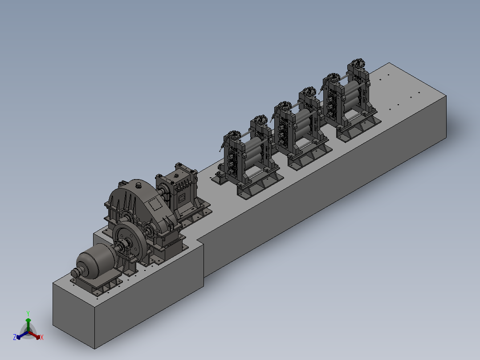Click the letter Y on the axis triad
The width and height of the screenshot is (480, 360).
28,313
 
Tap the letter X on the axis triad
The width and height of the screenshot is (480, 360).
42,337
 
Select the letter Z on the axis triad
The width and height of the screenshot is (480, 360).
14,337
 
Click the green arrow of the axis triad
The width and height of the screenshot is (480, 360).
28,324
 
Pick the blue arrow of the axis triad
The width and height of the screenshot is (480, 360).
22,335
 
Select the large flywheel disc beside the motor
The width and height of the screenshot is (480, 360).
130,242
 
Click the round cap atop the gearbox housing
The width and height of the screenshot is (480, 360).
138,185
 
